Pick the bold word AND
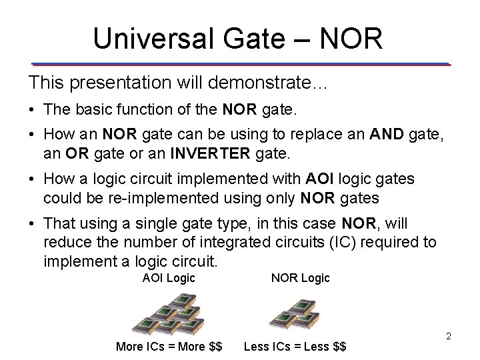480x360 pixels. [x=385, y=135]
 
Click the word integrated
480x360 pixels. [x=217, y=241]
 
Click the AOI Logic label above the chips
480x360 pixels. [x=169, y=278]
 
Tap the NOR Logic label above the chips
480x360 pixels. [x=300, y=278]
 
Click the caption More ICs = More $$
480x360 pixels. [x=169, y=347]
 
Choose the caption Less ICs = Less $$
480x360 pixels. [x=295, y=347]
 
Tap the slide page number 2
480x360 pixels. [x=449, y=336]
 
